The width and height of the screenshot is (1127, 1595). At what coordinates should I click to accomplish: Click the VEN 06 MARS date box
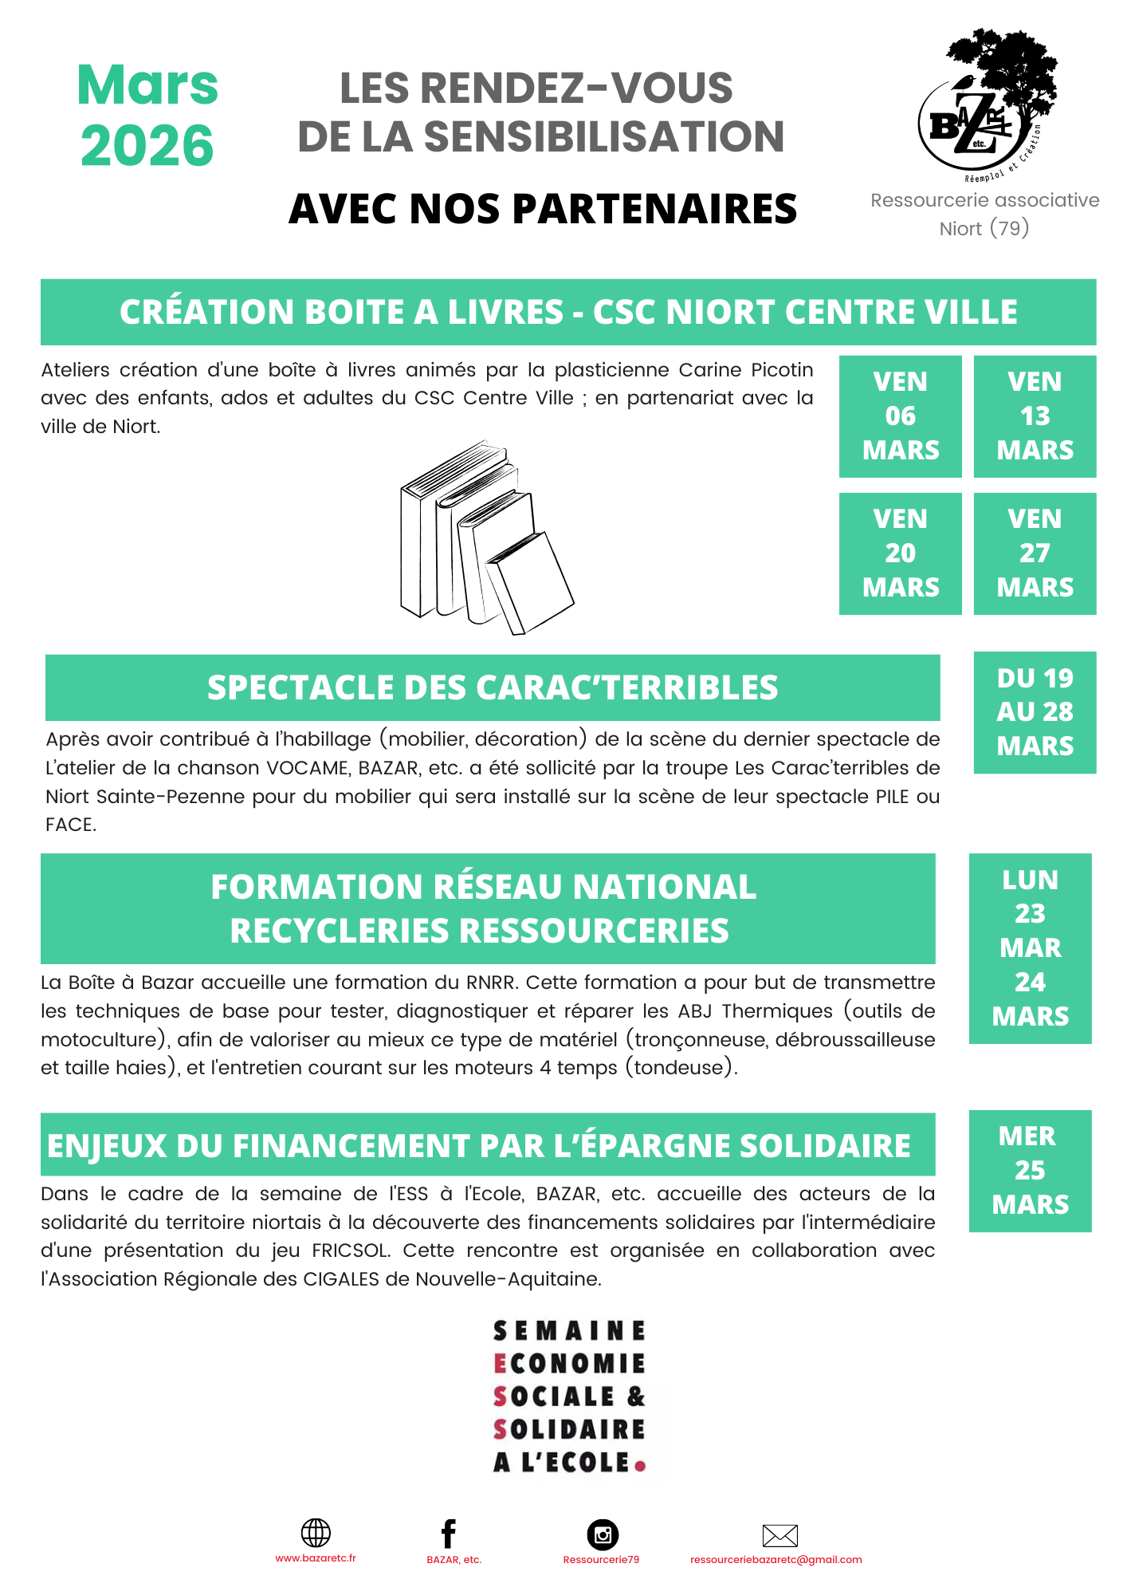point(900,416)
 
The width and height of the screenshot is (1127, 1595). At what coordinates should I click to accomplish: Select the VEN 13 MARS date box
point(1035,416)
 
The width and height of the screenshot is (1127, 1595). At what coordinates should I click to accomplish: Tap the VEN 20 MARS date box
point(900,553)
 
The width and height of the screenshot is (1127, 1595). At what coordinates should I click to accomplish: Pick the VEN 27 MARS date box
point(1035,553)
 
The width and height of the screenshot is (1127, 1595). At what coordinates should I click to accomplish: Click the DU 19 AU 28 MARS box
point(1035,712)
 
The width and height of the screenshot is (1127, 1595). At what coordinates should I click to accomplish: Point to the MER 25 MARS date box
point(1030,1171)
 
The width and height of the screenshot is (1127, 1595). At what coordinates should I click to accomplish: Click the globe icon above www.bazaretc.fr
point(316,1533)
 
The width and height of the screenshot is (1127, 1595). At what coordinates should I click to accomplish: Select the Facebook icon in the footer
point(449,1534)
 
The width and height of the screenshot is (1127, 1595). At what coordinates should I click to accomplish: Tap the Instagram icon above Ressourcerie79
point(603,1534)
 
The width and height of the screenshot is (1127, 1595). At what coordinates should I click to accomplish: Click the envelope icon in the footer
point(779,1535)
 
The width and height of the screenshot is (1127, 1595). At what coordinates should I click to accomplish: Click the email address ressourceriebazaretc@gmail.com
point(776,1560)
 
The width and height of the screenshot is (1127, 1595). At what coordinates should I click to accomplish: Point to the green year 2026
point(147,146)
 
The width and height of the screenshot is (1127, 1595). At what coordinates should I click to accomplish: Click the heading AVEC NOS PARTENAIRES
point(543,209)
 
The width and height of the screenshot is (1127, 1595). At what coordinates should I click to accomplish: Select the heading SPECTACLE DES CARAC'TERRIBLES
point(493,688)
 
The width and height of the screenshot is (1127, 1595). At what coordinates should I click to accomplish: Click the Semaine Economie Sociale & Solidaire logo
point(569,1396)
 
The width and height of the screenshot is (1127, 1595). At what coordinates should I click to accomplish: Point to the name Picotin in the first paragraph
point(782,370)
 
